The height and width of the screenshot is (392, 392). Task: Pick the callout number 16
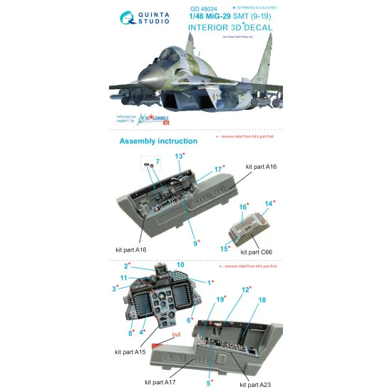[x=243, y=207]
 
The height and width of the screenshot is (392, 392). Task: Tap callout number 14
[x=269, y=203]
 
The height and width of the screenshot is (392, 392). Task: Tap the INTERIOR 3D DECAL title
[x=237, y=28]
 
